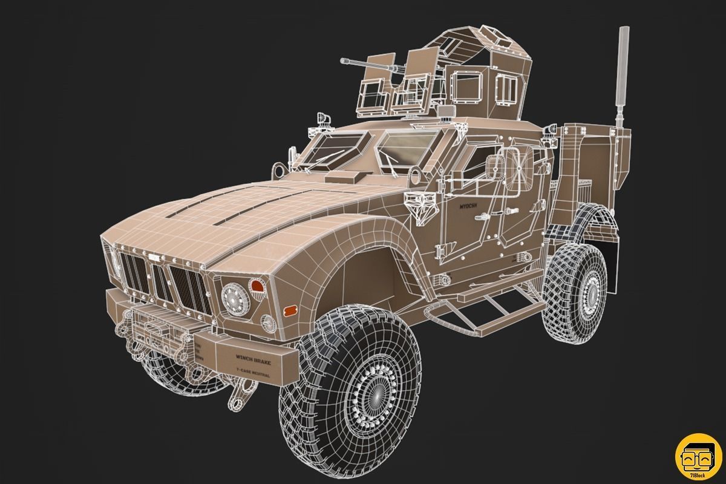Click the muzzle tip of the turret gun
[x=343, y=60]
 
